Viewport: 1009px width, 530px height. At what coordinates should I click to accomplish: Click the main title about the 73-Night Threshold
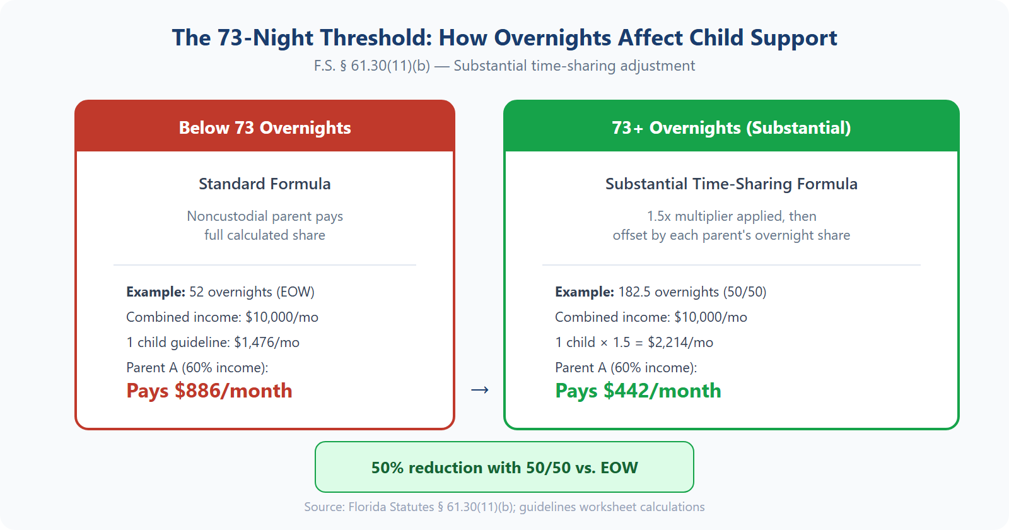click(504, 38)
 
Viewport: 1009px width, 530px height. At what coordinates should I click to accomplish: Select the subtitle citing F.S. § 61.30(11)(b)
click(504, 66)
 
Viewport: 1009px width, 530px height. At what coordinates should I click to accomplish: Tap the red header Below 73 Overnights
click(265, 127)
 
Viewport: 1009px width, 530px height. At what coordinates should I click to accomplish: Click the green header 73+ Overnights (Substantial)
click(732, 127)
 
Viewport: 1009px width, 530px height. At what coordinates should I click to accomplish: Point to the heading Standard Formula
click(265, 184)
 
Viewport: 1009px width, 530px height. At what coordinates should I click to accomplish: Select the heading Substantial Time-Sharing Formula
click(732, 184)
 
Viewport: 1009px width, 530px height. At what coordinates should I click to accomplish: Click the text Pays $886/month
click(209, 391)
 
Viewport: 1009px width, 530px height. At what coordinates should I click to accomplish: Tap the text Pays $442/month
click(638, 391)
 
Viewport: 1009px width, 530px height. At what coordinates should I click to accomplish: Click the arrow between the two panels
click(480, 390)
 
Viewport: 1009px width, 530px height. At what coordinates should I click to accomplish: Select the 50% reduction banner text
click(504, 468)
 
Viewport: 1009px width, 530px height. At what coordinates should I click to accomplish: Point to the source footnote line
click(504, 507)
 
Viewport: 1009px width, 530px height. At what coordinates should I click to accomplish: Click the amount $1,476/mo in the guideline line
click(267, 342)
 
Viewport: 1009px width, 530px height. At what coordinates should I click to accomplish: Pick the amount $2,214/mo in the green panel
click(680, 342)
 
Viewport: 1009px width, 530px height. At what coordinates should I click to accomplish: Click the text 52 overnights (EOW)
click(252, 291)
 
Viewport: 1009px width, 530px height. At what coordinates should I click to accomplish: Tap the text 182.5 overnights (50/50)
click(692, 291)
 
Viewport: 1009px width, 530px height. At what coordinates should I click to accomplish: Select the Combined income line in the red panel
click(222, 317)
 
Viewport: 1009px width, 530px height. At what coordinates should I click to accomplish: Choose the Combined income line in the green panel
click(651, 317)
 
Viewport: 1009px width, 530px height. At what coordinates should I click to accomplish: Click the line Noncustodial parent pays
click(265, 216)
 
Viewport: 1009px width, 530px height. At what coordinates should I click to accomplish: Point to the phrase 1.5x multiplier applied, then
click(732, 216)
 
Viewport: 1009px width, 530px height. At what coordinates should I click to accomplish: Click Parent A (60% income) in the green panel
click(626, 367)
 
